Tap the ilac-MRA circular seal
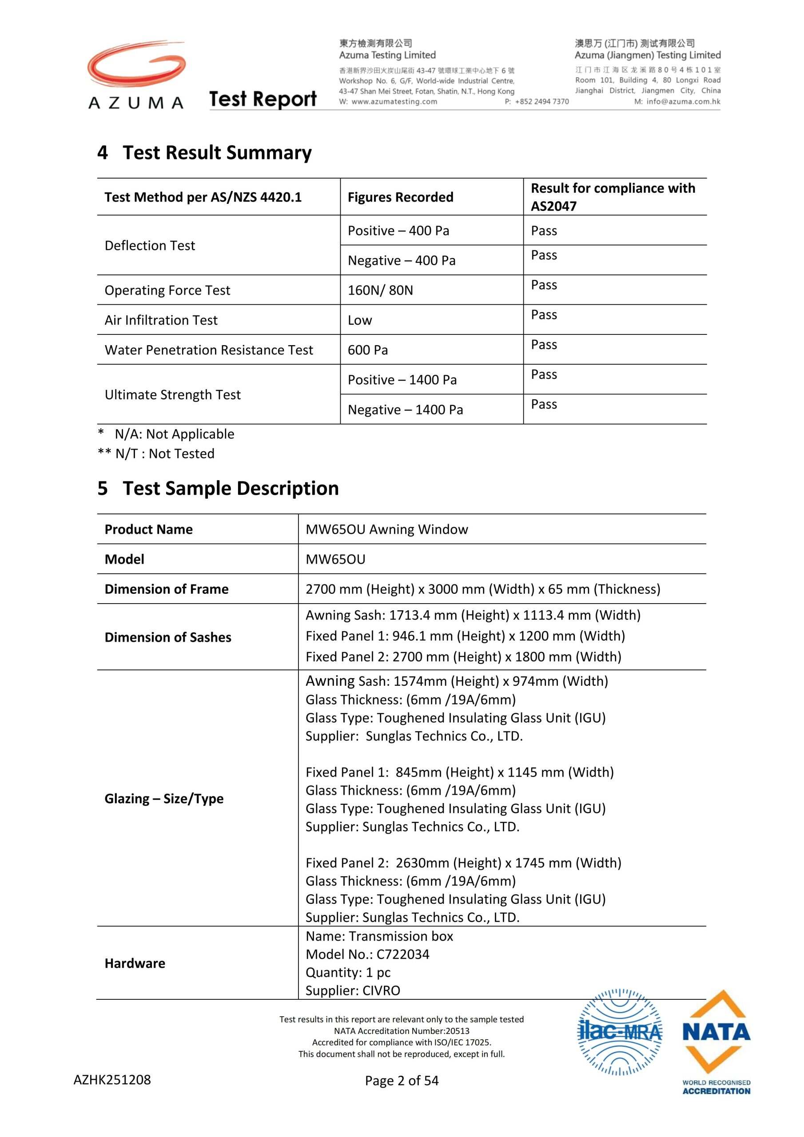click(x=620, y=1033)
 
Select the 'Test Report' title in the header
click(x=263, y=99)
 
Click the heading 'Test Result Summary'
click(x=217, y=152)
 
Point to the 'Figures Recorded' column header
click(x=400, y=197)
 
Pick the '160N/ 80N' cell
click(x=380, y=290)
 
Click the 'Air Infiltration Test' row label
click(x=161, y=320)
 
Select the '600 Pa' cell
click(x=367, y=350)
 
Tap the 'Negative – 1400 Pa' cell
click(x=405, y=409)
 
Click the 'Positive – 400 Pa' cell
click(x=398, y=231)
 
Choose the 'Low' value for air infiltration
click(x=360, y=320)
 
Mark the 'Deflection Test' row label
click(x=150, y=246)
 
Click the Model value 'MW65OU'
click(x=335, y=559)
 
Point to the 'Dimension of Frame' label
click(x=167, y=589)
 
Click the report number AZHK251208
click(x=112, y=1080)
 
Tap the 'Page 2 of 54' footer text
click(x=402, y=1081)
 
